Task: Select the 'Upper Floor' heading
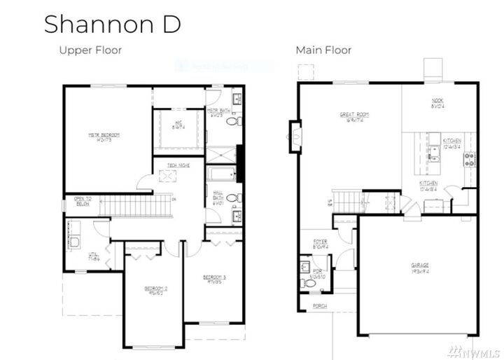[90, 50]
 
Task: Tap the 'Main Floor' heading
[323, 50]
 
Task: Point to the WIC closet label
[178, 125]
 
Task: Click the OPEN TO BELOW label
[84, 202]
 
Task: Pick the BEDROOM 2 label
[155, 290]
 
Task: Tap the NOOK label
[437, 104]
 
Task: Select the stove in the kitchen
[469, 159]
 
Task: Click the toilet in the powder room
[308, 283]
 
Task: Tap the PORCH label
[319, 305]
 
